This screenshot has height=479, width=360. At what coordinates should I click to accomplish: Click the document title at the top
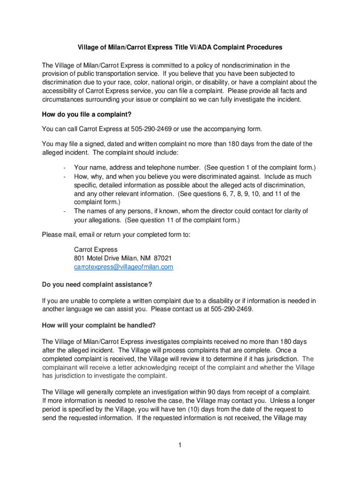180,48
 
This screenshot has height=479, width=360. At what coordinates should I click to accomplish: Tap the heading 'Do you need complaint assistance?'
97,284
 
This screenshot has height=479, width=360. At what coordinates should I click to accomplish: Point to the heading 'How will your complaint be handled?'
99,325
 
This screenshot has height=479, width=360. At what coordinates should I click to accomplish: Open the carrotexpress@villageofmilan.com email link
123,267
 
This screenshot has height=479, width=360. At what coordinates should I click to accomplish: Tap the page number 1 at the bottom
180,444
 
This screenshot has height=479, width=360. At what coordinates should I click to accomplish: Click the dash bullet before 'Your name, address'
63,168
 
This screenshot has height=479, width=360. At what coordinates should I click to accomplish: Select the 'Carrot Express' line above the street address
96,249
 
